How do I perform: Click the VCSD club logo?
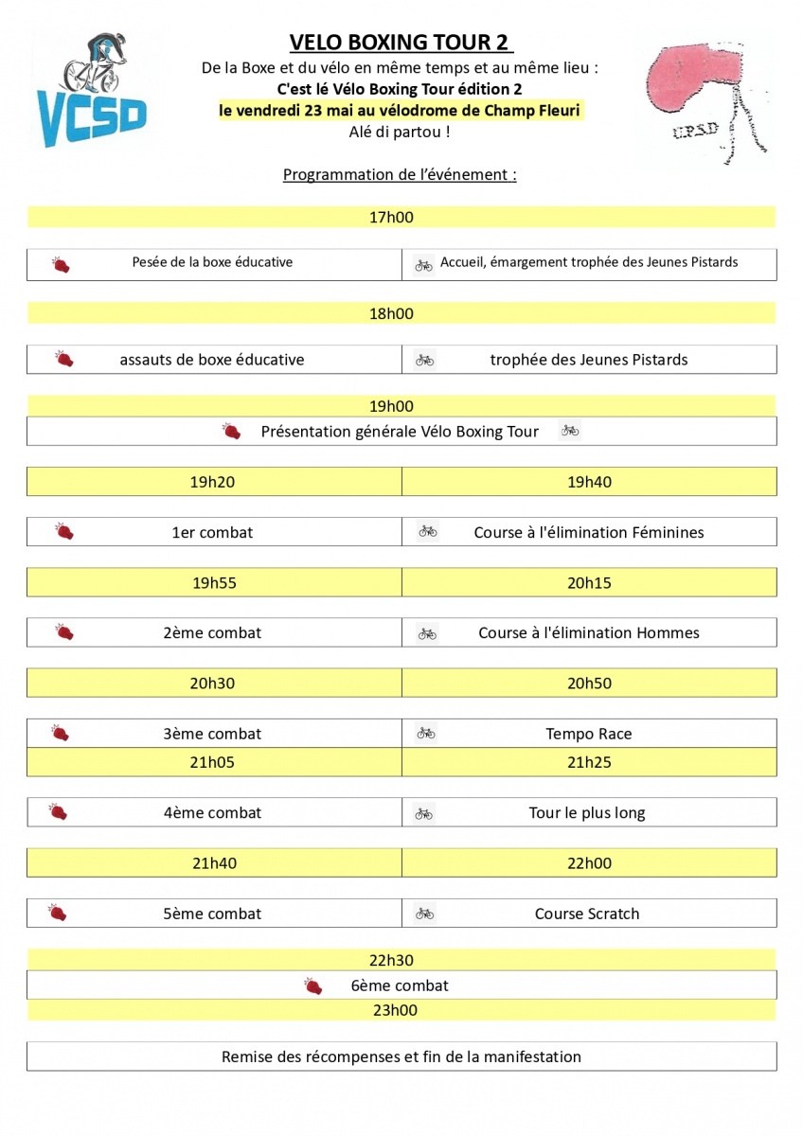click(x=92, y=91)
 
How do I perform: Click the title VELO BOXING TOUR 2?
click(x=401, y=43)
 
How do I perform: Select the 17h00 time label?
click(x=391, y=218)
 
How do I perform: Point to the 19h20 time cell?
click(x=212, y=482)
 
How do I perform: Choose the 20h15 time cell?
click(x=589, y=583)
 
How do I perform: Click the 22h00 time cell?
click(x=589, y=863)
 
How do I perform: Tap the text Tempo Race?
click(x=588, y=734)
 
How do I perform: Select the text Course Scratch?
click(x=587, y=914)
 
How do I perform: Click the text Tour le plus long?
click(x=587, y=812)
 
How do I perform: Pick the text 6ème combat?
click(x=400, y=985)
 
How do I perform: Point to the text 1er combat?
click(x=212, y=532)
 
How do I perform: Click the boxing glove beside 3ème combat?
click(x=61, y=733)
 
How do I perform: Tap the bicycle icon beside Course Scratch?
click(x=425, y=914)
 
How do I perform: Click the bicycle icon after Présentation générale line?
click(x=569, y=431)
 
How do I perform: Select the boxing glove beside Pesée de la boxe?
click(x=62, y=264)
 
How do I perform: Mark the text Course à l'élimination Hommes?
click(x=589, y=632)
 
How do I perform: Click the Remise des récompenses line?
click(x=401, y=1056)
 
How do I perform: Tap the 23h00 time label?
click(x=395, y=1010)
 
